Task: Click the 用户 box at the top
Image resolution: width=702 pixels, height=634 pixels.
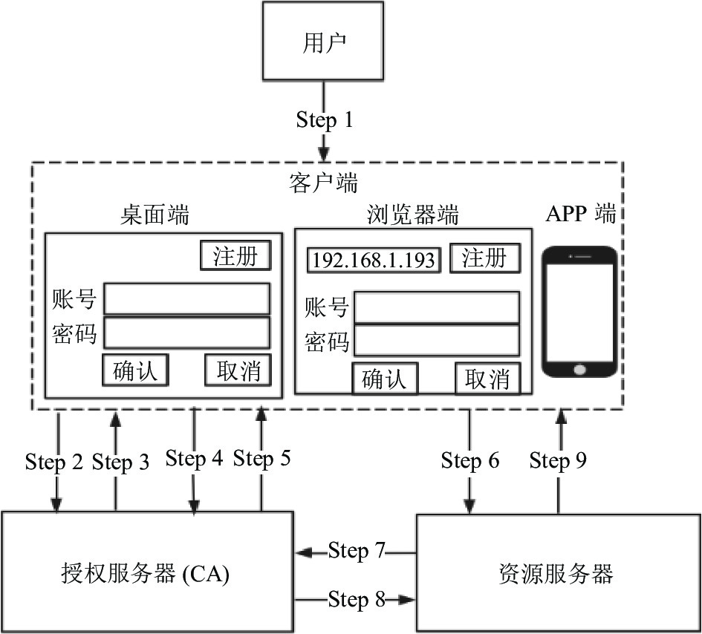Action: [323, 41]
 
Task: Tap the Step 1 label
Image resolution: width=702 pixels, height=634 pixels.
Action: [325, 120]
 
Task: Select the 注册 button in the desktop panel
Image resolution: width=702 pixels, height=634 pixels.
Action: [235, 255]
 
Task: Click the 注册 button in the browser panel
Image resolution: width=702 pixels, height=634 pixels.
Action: [485, 258]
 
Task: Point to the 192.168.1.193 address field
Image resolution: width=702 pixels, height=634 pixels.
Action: [374, 260]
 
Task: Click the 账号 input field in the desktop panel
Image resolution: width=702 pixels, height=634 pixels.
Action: [186, 298]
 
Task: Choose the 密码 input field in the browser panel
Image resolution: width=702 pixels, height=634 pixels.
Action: [437, 341]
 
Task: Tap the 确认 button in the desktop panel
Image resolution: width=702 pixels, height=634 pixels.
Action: [135, 370]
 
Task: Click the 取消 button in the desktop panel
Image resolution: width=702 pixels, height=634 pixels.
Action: [238, 370]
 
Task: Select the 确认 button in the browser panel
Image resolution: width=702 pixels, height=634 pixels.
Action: [385, 379]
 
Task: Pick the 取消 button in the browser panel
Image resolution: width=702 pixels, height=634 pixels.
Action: [488, 379]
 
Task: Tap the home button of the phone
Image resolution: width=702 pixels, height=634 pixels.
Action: [579, 370]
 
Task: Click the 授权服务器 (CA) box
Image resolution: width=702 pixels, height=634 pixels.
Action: [147, 572]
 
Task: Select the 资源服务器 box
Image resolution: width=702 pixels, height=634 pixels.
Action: [559, 572]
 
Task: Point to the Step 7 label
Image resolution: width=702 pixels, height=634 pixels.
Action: [357, 550]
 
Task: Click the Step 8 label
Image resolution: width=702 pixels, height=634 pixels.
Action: [357, 599]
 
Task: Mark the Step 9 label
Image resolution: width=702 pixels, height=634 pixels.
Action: [558, 460]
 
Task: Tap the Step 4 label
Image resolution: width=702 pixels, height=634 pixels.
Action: [194, 459]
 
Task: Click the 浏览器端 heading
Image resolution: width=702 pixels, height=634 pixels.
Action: [413, 215]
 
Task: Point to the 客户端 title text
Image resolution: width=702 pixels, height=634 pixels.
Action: [323, 183]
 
